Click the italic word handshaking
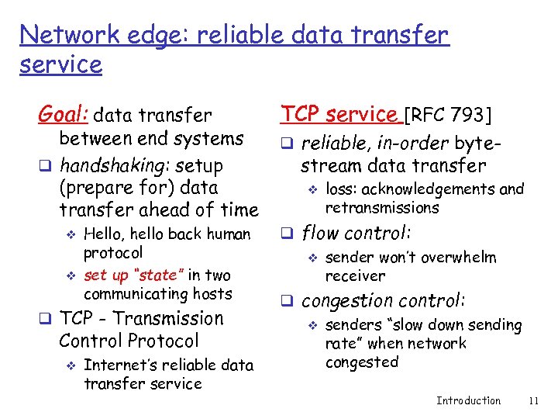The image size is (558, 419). [115, 166]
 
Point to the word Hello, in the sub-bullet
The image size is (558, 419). [105, 234]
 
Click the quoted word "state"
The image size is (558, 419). [159, 275]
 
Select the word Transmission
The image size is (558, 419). [175, 319]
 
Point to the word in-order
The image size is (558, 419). [414, 144]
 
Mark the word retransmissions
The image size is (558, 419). [382, 207]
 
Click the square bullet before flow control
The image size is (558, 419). [285, 234]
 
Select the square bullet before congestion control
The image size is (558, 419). [285, 301]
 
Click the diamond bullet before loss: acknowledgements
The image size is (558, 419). [313, 189]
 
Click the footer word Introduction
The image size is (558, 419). [468, 400]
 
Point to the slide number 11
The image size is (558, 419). [532, 400]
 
